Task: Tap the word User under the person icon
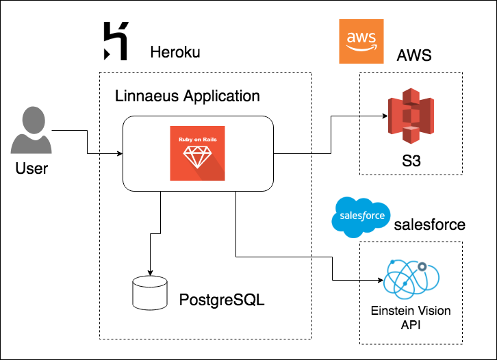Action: (31, 167)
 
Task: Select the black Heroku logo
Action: (114, 41)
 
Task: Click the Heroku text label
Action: (175, 53)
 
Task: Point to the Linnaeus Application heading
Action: (188, 95)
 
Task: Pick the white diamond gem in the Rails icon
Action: (198, 159)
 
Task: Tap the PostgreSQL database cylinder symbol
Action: (149, 291)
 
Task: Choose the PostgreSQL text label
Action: (221, 300)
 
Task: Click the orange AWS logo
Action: (361, 41)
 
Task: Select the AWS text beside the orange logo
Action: (414, 55)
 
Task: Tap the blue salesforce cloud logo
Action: (360, 217)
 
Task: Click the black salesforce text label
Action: (429, 224)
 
